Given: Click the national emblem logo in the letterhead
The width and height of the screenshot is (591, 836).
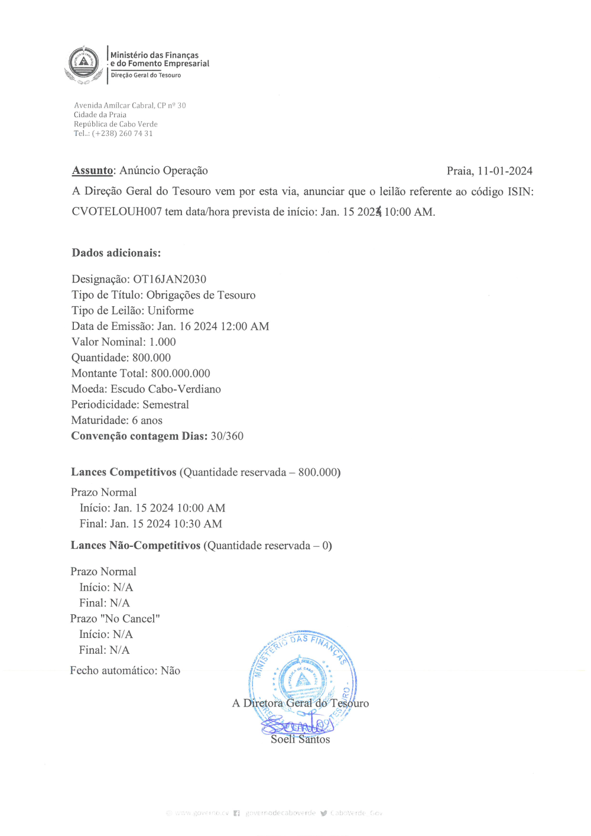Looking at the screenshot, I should [84, 63].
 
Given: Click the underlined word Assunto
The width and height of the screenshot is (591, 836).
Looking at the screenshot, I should [92, 171].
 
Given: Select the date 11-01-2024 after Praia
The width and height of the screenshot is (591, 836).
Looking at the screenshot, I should [505, 171].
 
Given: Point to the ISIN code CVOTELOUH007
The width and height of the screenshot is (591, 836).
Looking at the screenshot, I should [116, 212].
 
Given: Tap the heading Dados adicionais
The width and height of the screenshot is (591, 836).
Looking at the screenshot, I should [116, 253].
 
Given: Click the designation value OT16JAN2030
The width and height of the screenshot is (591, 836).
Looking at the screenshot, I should [170, 279].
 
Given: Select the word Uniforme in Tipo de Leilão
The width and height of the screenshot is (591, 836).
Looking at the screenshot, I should [171, 310].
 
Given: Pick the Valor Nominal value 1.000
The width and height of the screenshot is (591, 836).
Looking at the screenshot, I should [163, 342].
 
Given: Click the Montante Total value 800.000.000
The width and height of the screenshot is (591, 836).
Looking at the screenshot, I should [180, 373].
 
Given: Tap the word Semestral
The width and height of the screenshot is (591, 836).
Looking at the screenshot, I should [166, 404].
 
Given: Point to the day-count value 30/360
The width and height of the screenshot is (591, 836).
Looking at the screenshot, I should [227, 436].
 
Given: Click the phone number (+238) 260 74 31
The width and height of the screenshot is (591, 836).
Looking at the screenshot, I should [122, 134].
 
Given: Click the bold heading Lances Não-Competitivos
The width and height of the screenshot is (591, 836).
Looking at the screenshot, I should [135, 545].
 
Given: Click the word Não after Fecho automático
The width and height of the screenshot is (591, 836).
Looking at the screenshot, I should [170, 670].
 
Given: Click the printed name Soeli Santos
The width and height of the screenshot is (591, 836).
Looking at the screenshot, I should [300, 739].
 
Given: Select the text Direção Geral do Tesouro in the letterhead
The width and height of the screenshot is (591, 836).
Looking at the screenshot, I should [146, 75].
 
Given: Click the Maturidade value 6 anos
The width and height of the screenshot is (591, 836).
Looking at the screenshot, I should [147, 420].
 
